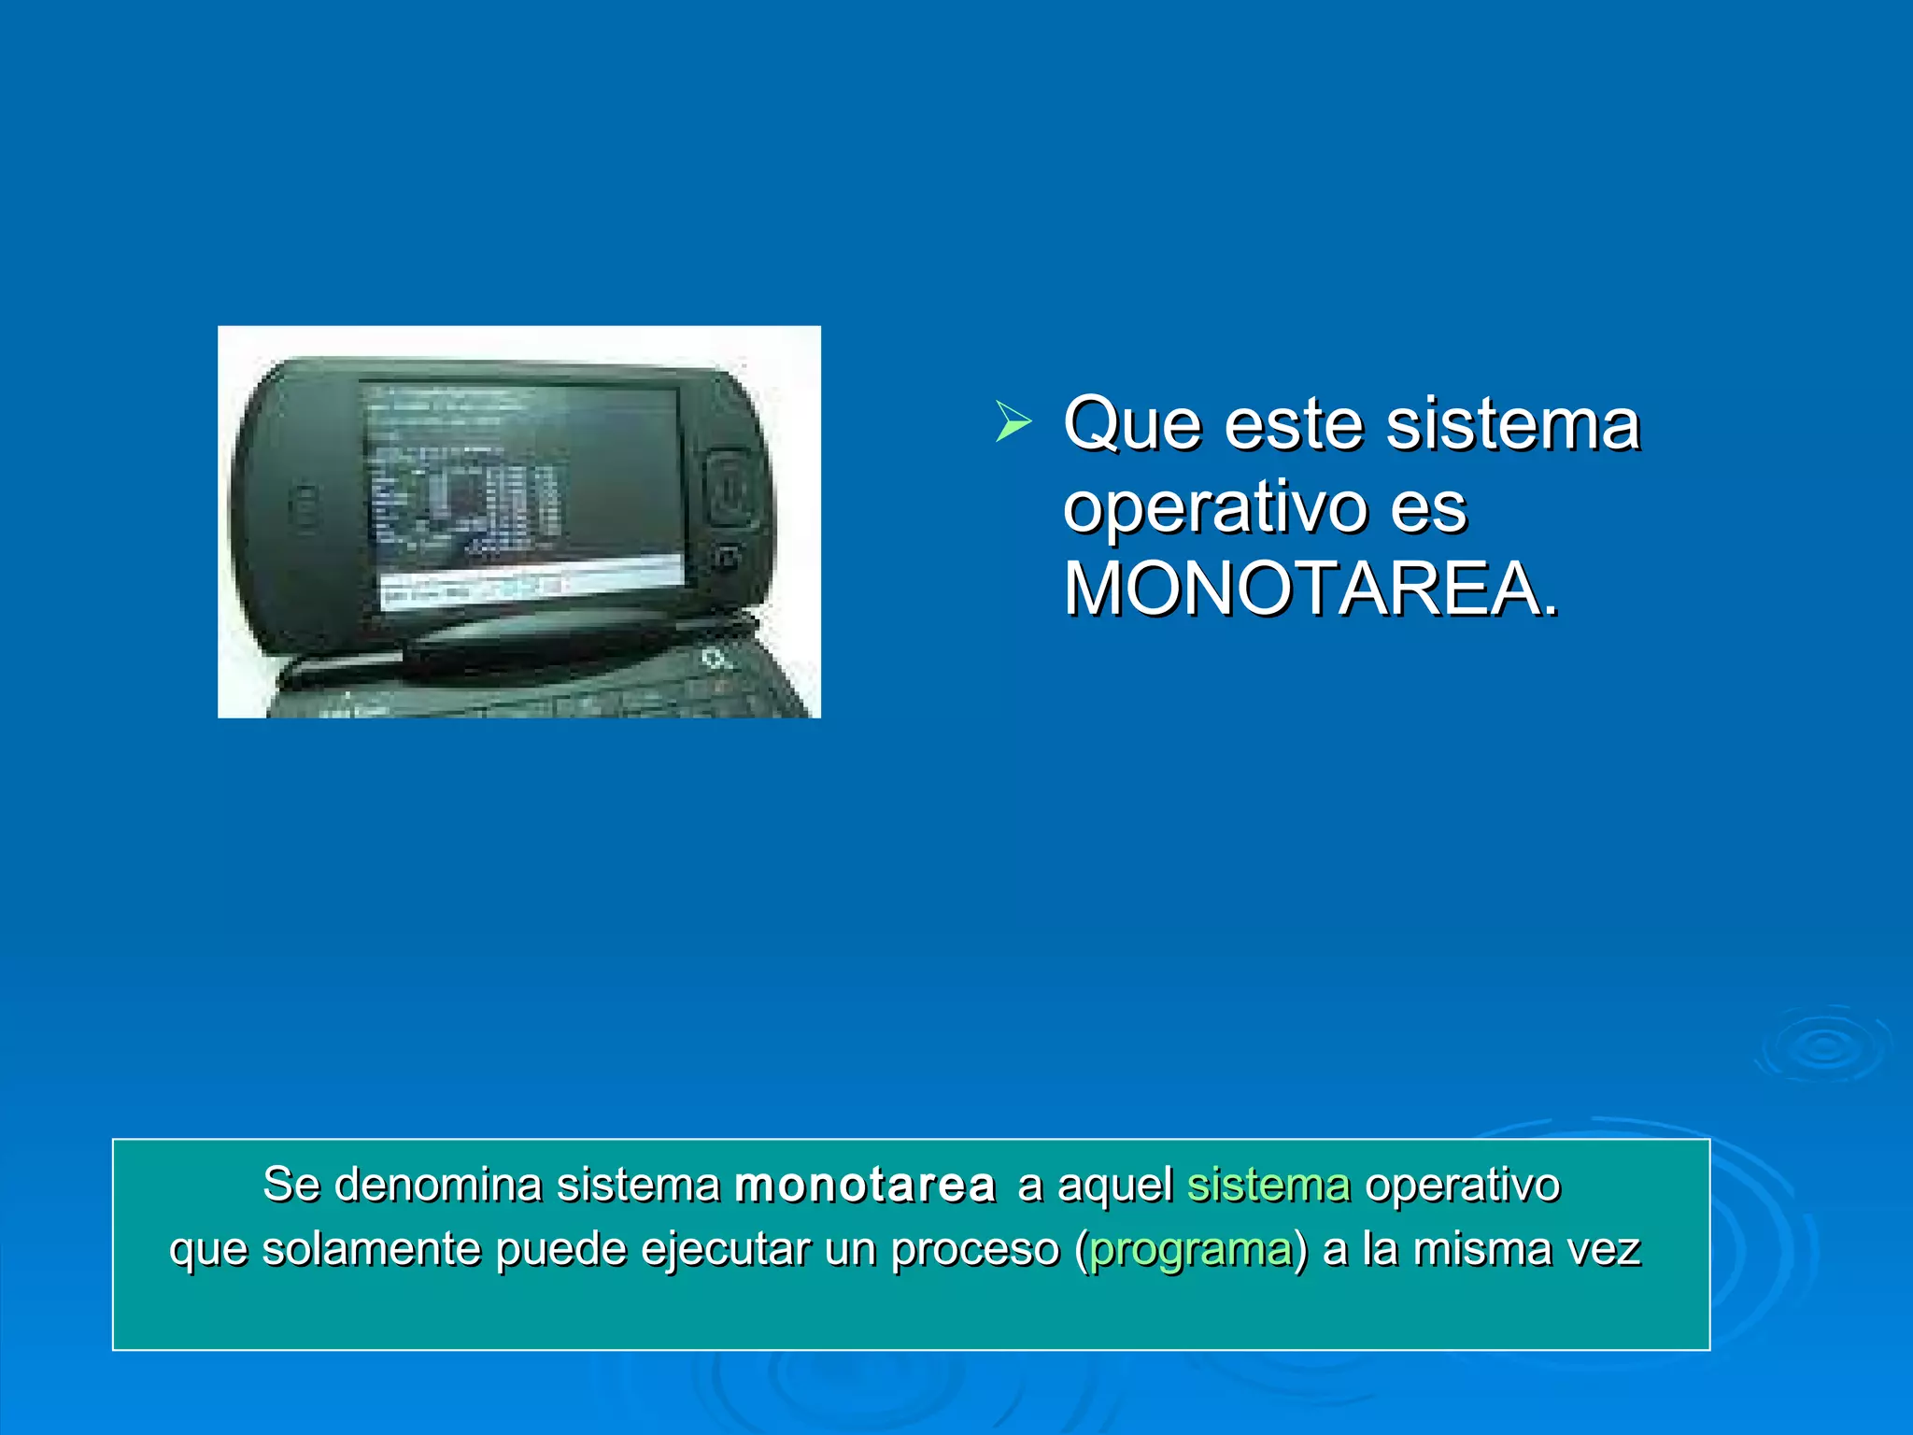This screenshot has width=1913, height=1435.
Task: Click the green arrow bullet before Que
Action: coord(1013,421)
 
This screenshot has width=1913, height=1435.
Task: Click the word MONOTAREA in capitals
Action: coord(1310,590)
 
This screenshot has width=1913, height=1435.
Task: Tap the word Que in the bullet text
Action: coord(1131,425)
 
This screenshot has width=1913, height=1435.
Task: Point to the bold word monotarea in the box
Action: coord(865,1186)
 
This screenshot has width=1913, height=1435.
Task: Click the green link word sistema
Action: coord(1268,1186)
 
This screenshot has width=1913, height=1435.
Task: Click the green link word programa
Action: coord(1191,1250)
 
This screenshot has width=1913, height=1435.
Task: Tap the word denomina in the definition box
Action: coord(438,1186)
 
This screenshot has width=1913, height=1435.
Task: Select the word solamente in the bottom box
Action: coord(370,1250)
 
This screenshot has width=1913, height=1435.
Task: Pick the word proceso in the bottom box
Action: coord(975,1250)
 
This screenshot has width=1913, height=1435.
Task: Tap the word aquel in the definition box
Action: coord(1114,1186)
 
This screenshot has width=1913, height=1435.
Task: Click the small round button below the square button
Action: coord(726,559)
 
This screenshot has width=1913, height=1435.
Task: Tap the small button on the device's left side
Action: coord(304,505)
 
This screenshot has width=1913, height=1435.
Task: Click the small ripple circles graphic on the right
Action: coord(1823,1045)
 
